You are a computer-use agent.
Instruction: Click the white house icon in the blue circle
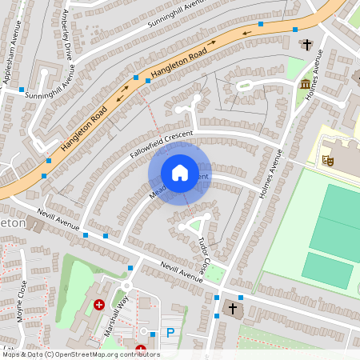click(180, 173)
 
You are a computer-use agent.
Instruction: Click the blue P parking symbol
click(169, 332)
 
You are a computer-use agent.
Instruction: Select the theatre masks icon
click(327, 160)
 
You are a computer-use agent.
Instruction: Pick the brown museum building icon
click(305, 84)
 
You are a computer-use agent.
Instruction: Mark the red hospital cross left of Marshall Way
click(99, 305)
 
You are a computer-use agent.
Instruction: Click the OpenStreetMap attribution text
click(80, 354)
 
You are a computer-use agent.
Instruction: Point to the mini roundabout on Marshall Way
click(126, 286)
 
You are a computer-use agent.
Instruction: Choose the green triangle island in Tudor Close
click(195, 226)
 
